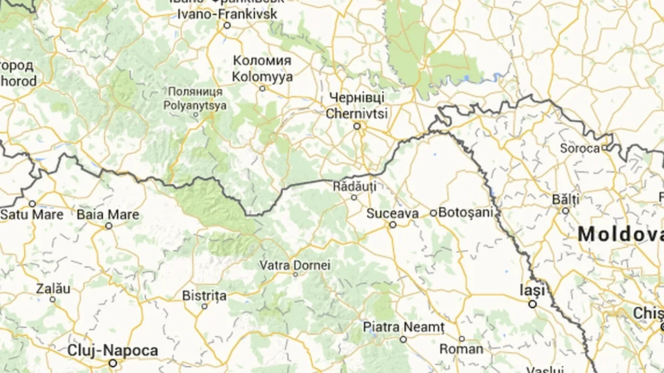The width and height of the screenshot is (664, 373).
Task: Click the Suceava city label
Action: pos(392,213)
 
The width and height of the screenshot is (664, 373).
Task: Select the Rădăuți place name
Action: pos(355,186)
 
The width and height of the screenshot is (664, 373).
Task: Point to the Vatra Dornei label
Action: pos(295,265)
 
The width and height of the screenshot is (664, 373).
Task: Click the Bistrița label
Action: pos(204,296)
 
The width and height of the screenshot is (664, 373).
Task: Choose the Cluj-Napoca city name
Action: pos(113,351)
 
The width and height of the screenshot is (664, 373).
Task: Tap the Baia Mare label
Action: pos(108,214)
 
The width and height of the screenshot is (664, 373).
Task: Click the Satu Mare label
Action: pos(32,214)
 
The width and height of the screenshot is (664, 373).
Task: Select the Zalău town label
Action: pos(53,289)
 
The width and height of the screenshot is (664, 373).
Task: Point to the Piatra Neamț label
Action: pos(404,327)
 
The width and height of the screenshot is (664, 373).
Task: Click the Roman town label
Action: pos(461,349)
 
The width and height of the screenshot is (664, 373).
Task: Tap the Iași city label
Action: pos(533,290)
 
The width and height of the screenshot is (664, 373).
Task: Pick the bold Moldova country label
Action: pos(620,235)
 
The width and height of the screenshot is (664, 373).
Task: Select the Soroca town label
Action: pos(580,149)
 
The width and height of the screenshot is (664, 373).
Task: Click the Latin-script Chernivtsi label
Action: pos(357,113)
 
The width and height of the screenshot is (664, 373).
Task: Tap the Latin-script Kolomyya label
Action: pos(262,77)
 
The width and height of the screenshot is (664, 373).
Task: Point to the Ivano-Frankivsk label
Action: pos(227,14)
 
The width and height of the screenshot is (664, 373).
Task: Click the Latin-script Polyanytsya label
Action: pos(195,105)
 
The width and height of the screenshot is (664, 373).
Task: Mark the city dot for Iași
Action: pos(533,304)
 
